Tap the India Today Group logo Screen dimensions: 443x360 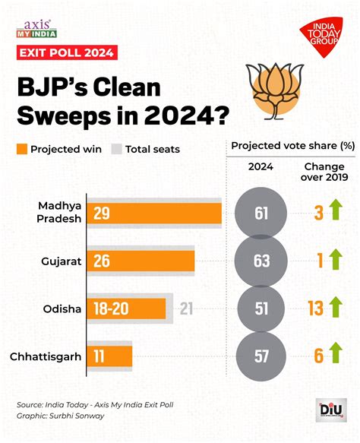pyautogui.click(x=321, y=35)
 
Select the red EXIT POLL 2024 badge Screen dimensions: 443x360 pyautogui.click(x=68, y=52)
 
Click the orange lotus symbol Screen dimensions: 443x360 pyautogui.click(x=273, y=90)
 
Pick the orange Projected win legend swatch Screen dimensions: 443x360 pyautogui.click(x=21, y=149)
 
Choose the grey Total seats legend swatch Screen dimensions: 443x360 pyautogui.click(x=117, y=149)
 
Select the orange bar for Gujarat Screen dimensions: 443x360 pyautogui.click(x=141, y=261)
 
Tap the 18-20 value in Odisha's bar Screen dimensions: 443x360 pyautogui.click(x=111, y=308)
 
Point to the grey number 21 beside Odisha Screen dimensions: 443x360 pyautogui.click(x=185, y=308)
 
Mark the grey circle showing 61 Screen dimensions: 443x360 pyautogui.click(x=262, y=214)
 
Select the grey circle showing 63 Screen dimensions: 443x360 pyautogui.click(x=262, y=261)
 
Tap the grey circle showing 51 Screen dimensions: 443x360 pyautogui.click(x=262, y=308)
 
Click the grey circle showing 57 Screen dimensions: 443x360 pyautogui.click(x=262, y=356)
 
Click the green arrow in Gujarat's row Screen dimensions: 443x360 pyautogui.click(x=336, y=261)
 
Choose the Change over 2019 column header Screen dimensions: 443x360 pyautogui.click(x=326, y=172)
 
